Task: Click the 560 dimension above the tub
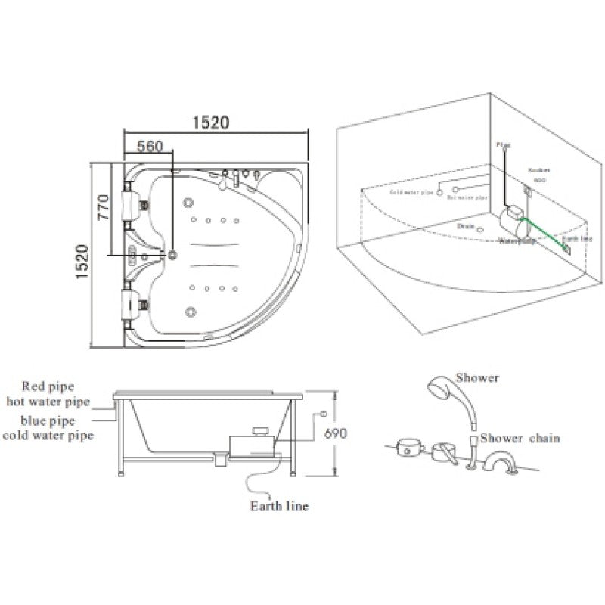point(150,147)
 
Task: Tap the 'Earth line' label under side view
point(279,506)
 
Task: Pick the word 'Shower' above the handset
point(478,377)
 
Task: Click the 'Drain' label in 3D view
point(466,225)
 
